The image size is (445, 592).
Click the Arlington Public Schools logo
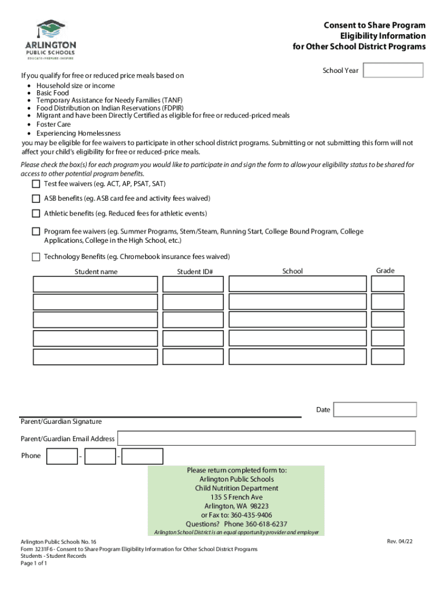tap(50, 39)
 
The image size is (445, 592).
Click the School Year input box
tap(393, 71)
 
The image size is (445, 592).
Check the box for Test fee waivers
tap(36, 184)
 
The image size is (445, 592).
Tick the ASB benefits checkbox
tap(36, 198)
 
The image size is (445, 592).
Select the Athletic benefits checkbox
tap(36, 213)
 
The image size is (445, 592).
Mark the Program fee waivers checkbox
tap(36, 231)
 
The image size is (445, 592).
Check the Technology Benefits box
tap(36, 257)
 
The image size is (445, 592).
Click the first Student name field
tap(95, 284)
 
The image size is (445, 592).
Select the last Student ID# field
tap(194, 357)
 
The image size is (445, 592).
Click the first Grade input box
tap(388, 283)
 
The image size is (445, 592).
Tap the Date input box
tap(375, 409)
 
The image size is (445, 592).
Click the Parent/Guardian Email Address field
tap(266, 438)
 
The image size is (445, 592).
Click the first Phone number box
tap(62, 456)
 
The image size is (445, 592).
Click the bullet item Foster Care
tap(54, 124)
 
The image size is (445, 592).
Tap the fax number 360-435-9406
tap(236, 515)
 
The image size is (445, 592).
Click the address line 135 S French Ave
tap(236, 497)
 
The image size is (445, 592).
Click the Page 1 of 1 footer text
tap(34, 564)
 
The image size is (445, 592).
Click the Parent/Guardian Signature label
tap(61, 421)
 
